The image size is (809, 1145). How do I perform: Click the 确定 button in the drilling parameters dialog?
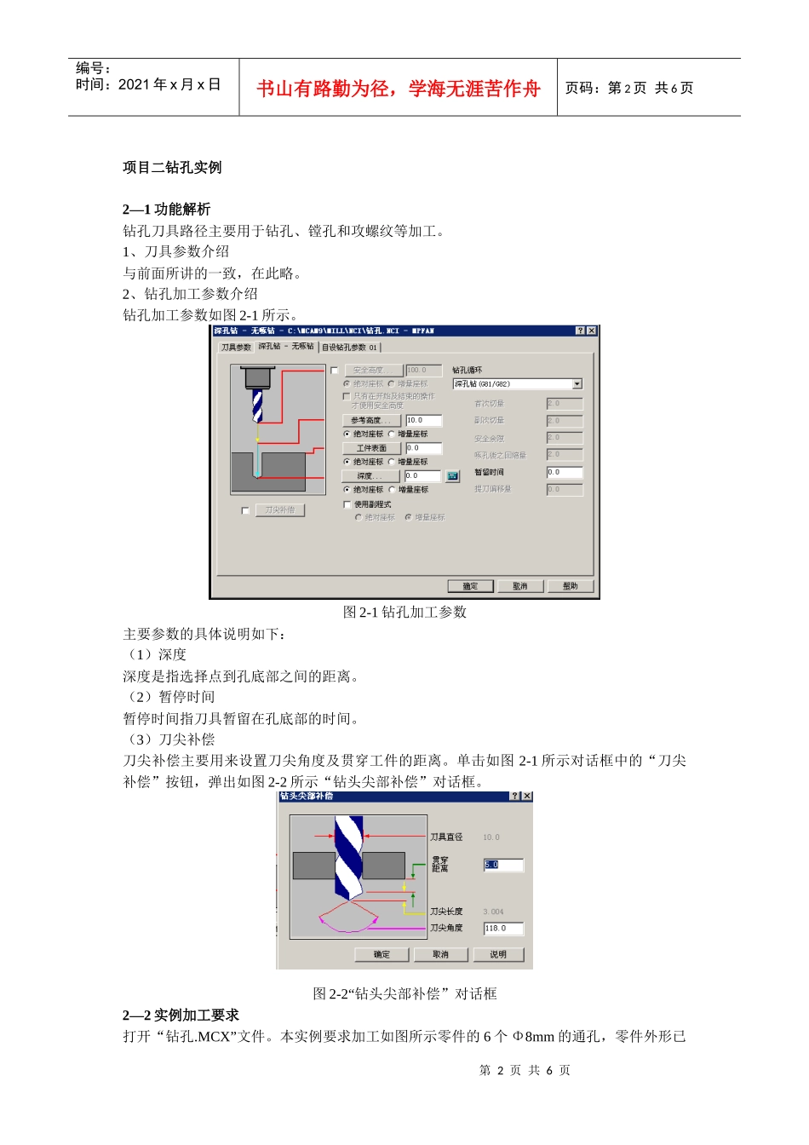pos(470,586)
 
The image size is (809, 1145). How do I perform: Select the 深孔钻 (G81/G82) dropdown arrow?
pos(577,384)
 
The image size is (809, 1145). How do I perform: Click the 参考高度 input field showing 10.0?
pos(423,420)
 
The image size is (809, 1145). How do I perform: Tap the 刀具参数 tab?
pos(236,348)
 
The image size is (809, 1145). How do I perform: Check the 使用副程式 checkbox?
pos(347,504)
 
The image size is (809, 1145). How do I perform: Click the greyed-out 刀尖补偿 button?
pos(279,510)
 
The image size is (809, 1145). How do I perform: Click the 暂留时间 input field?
pos(564,472)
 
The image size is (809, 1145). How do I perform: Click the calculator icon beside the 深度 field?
pos(453,476)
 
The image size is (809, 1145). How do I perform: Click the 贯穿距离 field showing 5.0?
pos(503,865)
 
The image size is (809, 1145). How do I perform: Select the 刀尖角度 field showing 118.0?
pos(503,929)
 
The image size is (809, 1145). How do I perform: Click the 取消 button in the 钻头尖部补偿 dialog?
pos(440,954)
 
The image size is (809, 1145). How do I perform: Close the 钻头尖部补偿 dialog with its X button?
pos(527,797)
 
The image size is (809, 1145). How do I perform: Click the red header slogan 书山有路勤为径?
pos(399,89)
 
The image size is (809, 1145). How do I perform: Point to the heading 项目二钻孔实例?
pos(172,167)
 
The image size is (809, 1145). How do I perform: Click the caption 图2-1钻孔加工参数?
pos(404,612)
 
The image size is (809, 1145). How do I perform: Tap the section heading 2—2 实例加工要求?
pos(181,1015)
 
